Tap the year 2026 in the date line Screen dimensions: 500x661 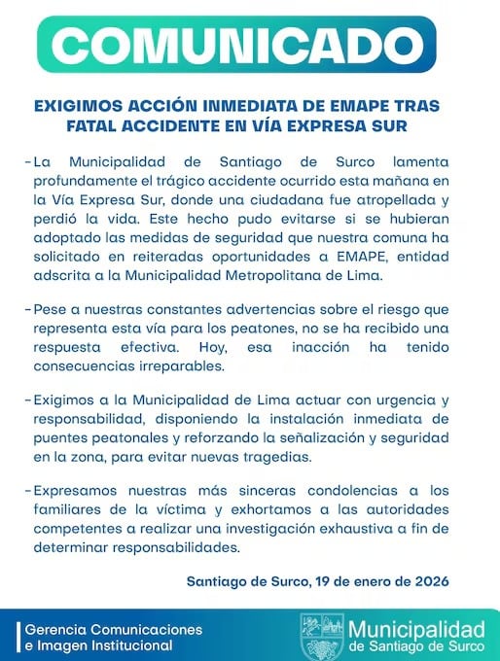point(429,581)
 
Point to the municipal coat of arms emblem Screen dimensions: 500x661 point(321,636)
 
